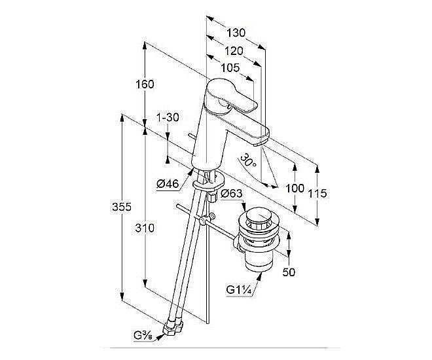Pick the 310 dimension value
(145, 228)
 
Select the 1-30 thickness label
(168, 117)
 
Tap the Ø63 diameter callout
(232, 194)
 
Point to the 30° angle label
(247, 160)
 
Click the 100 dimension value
(296, 188)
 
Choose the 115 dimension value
(317, 193)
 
